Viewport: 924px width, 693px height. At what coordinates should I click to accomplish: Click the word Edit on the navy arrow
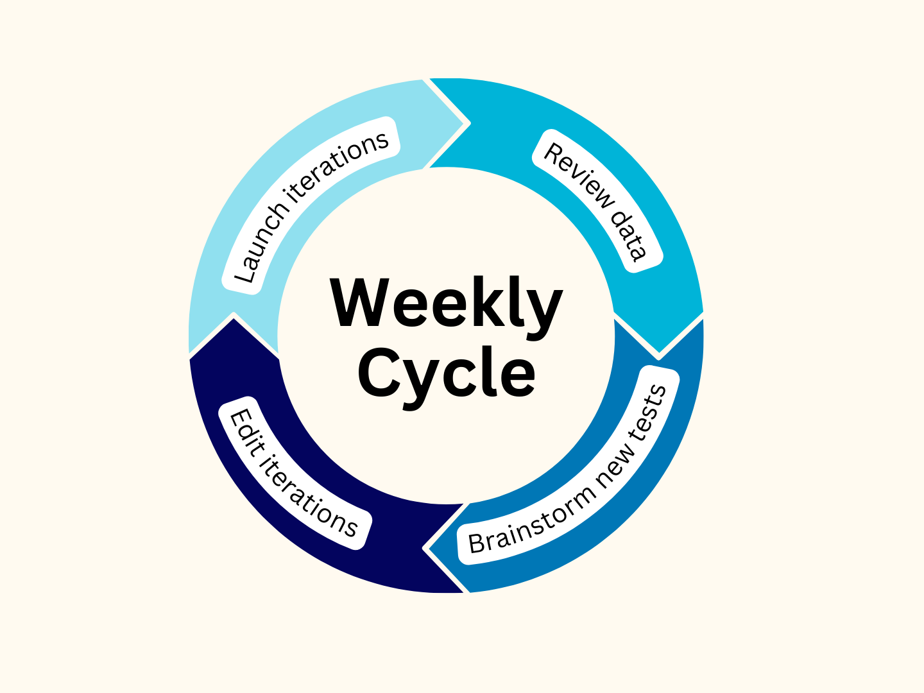point(243,430)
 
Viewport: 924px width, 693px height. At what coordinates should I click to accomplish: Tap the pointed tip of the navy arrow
point(234,314)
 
